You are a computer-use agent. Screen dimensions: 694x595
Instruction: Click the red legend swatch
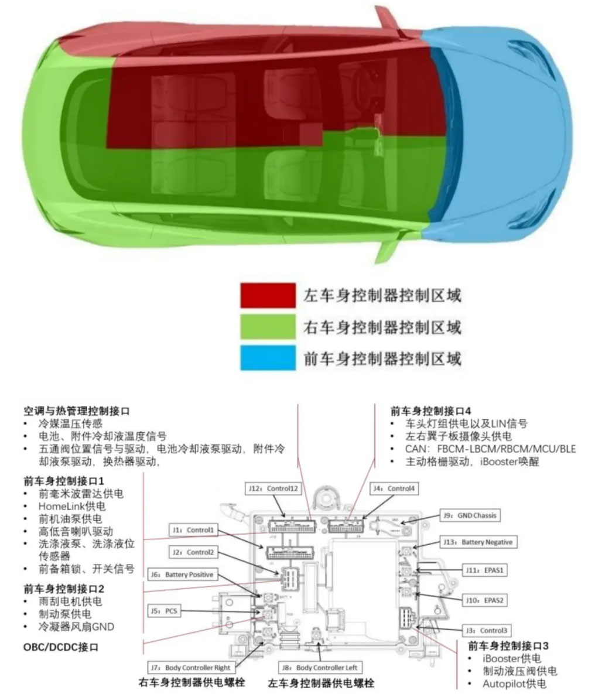268,295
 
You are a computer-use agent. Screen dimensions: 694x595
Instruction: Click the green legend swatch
268,326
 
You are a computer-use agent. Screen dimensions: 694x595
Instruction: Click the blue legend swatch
268,357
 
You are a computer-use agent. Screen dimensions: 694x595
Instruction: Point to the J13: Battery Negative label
478,542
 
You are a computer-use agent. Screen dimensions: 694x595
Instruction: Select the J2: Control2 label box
193,552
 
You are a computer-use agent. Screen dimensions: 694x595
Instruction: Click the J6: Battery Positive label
182,575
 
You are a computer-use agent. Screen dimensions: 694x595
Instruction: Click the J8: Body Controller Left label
320,667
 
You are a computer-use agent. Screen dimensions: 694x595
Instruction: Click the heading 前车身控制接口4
430,411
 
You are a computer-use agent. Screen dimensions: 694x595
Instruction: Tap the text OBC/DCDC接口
61,647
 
